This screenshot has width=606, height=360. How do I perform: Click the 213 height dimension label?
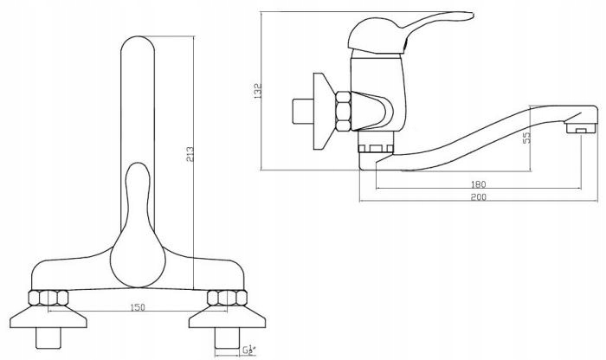(190, 154)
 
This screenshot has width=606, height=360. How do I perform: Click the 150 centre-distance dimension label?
(138, 307)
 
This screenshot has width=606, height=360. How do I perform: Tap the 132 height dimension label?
(258, 91)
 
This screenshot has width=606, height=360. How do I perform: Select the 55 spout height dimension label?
(526, 138)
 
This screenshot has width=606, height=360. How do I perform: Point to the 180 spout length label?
(478, 184)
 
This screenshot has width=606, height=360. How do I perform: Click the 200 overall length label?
(478, 197)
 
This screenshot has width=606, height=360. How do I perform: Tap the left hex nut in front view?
(48, 298)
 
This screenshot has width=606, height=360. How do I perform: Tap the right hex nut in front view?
(227, 298)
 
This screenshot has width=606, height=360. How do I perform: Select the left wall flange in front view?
(48, 317)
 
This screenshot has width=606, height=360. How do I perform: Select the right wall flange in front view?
(227, 317)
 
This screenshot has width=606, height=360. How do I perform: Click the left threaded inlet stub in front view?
(48, 338)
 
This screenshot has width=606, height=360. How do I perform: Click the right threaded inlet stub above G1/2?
(227, 338)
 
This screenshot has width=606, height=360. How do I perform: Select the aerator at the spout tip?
(581, 128)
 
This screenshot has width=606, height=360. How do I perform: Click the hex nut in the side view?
(343, 112)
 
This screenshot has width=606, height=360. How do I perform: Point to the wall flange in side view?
(324, 112)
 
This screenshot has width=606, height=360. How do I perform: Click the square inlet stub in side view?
(303, 112)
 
